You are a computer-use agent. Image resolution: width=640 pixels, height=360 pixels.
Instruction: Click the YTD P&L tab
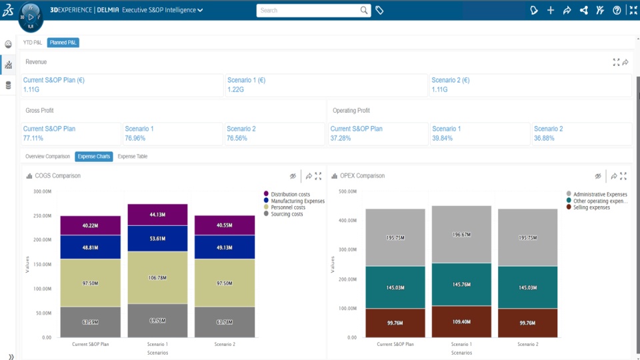tap(33, 43)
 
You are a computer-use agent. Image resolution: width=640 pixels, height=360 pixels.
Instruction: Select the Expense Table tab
tap(132, 157)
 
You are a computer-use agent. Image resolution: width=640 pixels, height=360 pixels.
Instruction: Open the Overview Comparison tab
tap(47, 157)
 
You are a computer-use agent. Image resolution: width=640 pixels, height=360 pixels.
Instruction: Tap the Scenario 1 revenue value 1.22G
tap(236, 89)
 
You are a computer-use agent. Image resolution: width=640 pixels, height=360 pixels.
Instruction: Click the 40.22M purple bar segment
tap(90, 226)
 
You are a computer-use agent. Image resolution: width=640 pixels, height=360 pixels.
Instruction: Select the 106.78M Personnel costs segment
tap(157, 278)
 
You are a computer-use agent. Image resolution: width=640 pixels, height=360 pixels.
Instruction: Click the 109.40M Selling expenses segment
tap(461, 321)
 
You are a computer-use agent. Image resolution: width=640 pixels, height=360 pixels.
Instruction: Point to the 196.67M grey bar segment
tap(461, 235)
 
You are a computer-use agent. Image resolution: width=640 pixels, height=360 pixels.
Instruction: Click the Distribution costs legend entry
tap(290, 194)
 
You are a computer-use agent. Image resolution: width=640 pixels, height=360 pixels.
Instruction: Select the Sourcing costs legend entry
tap(287, 214)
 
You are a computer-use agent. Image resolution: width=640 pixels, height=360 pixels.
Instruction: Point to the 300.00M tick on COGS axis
tap(42, 191)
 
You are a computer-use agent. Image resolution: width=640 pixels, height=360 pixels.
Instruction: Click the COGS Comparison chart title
tap(57, 176)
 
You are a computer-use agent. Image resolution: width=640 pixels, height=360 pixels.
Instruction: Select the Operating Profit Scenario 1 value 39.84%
tap(443, 138)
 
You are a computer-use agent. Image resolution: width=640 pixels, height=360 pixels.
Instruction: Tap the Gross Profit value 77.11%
tap(33, 138)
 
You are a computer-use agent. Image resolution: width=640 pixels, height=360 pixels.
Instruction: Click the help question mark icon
tap(617, 10)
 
